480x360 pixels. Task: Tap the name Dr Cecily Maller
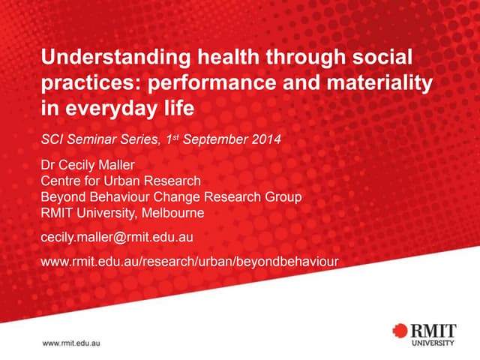click(x=88, y=166)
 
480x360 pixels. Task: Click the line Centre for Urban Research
click(x=120, y=181)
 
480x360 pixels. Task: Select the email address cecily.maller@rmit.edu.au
click(x=118, y=238)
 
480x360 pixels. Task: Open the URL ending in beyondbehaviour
click(x=188, y=261)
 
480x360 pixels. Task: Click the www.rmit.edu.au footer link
click(x=71, y=342)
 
